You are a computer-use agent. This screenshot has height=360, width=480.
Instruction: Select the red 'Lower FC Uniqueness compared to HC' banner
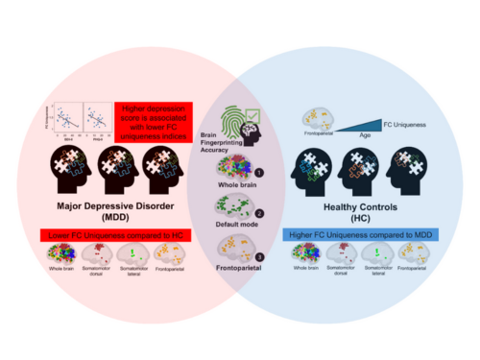coord(111,235)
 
